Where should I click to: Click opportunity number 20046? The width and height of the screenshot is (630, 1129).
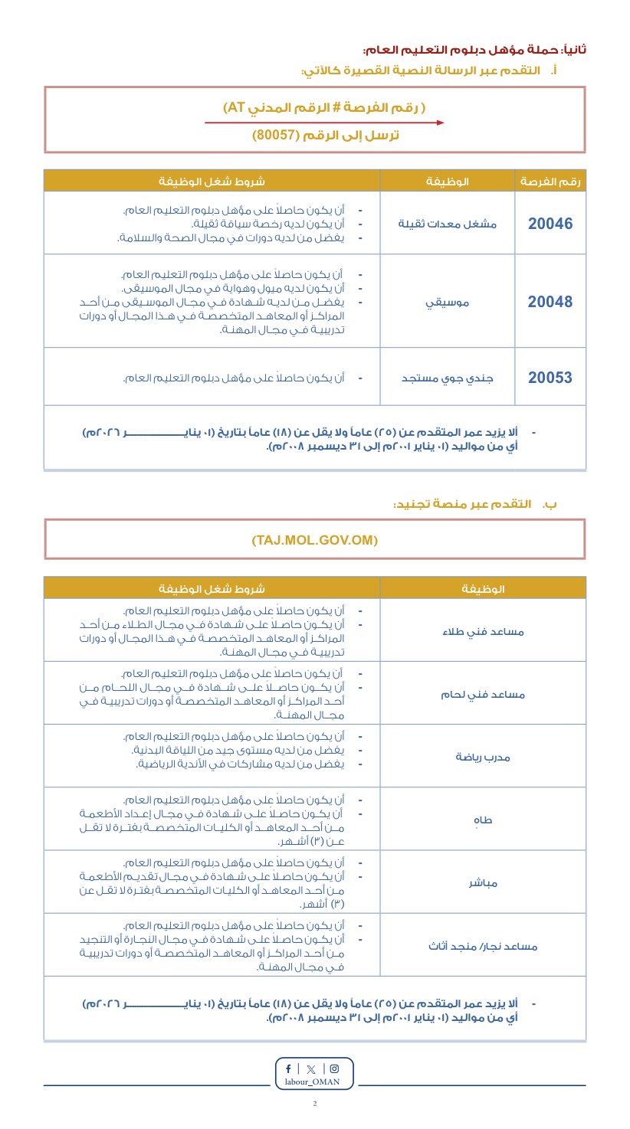[x=550, y=224]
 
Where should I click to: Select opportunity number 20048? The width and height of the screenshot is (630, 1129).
[x=550, y=302]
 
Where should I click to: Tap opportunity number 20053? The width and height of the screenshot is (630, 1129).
[x=550, y=378]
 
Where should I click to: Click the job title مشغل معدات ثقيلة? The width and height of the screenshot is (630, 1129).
[x=448, y=224]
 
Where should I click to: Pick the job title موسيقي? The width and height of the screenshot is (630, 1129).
[x=448, y=302]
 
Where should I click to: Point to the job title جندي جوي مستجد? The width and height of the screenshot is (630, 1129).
[x=448, y=378]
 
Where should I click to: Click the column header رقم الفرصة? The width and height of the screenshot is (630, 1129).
[x=550, y=182]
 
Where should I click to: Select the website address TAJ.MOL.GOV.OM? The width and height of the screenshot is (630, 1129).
[x=315, y=540]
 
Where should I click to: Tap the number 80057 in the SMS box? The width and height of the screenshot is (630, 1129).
[x=274, y=136]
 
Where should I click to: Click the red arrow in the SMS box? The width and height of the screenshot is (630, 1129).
[x=323, y=123]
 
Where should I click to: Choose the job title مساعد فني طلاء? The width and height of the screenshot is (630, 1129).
[x=484, y=631]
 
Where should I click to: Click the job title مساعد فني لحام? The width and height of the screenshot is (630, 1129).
[x=484, y=695]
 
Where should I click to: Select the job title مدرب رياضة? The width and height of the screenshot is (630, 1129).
[x=484, y=757]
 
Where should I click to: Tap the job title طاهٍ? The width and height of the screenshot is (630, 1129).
[x=484, y=820]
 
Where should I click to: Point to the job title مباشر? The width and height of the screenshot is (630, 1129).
[x=484, y=883]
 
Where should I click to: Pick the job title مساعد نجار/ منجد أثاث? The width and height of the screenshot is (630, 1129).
[x=484, y=946]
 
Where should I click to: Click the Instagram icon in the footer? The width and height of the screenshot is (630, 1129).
[x=334, y=1068]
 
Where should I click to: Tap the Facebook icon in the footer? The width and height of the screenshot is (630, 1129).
[x=288, y=1068]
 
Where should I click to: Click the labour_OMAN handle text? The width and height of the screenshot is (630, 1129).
[x=315, y=1082]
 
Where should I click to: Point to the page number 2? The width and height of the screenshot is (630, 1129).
[x=315, y=1104]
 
